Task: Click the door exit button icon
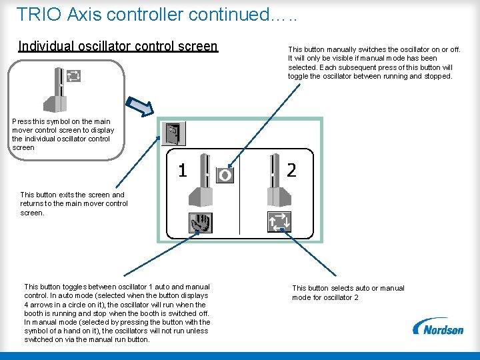tap(173, 133)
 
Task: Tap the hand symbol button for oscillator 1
tap(199, 222)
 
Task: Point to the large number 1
tap(182, 171)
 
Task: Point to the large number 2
tap(291, 171)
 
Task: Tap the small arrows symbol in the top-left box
tap(73, 76)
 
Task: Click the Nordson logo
tap(438, 327)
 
